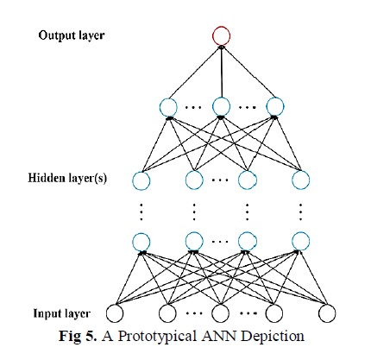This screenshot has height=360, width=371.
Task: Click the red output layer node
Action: tap(222, 28)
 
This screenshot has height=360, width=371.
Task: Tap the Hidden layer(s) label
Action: tap(67, 178)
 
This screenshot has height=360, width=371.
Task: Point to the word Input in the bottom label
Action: tap(46, 313)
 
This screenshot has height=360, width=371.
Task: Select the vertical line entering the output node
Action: tap(222, 71)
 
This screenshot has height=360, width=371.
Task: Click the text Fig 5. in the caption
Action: tap(78, 336)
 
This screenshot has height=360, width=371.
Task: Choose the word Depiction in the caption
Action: tap(273, 336)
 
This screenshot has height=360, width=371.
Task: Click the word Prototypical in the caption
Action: tap(158, 336)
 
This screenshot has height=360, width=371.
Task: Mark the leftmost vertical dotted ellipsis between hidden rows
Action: tap(141, 212)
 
